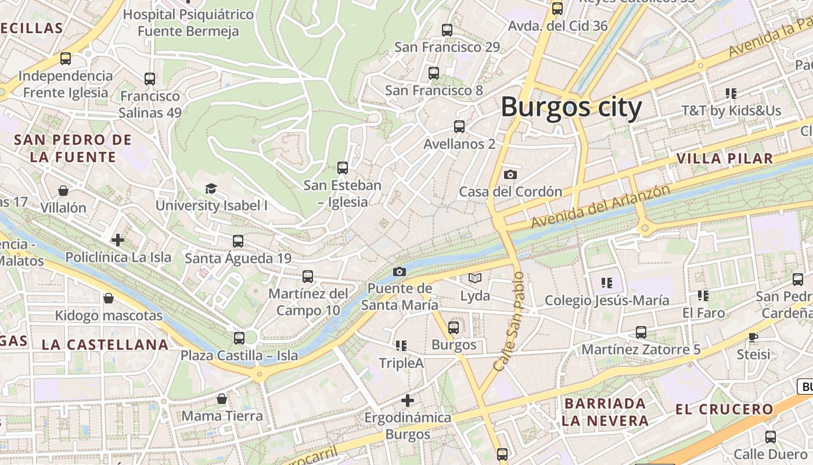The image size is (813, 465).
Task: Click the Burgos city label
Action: (571, 108)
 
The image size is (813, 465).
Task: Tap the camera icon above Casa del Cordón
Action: (510, 174)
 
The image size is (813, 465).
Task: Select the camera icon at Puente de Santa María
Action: (399, 271)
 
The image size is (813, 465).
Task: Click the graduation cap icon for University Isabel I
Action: (211, 188)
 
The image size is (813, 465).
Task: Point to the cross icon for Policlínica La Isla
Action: (118, 239)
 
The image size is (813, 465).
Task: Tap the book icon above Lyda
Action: (475, 278)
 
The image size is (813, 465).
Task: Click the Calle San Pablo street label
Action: (509, 321)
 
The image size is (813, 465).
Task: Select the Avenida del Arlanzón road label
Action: (600, 206)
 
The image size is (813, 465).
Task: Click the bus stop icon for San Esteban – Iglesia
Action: (342, 168)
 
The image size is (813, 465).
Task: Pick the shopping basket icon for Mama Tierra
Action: (221, 399)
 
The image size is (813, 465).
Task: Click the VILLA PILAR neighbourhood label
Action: (724, 158)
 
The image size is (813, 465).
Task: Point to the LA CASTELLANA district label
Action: (105, 344)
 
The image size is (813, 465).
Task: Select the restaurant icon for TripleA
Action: (401, 346)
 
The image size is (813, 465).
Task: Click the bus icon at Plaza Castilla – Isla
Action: (239, 338)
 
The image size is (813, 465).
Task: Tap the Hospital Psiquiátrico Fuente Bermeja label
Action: (189, 23)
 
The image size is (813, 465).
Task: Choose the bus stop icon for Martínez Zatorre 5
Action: (641, 332)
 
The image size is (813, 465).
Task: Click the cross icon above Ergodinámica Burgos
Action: (408, 400)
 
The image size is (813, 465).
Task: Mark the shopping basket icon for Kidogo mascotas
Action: (108, 299)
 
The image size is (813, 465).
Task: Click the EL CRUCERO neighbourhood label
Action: (724, 409)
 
